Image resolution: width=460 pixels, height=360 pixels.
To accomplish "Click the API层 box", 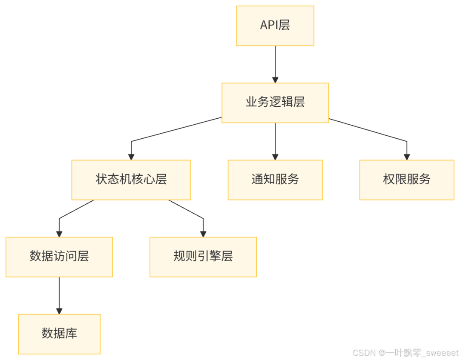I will pyautogui.click(x=275, y=26).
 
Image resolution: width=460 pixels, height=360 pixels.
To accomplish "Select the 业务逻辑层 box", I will pyautogui.click(x=275, y=103).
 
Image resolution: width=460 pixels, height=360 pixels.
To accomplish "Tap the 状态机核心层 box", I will pyautogui.click(x=131, y=180).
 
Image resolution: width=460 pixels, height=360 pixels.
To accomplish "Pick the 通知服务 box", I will pyautogui.click(x=275, y=180).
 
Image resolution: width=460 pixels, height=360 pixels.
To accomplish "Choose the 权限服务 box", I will pyautogui.click(x=407, y=180).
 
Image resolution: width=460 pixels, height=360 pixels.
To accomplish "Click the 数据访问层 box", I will pyautogui.click(x=59, y=257).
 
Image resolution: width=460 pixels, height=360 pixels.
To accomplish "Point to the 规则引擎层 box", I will pyautogui.click(x=203, y=257).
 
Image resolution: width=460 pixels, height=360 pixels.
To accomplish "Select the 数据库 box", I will pyautogui.click(x=59, y=334).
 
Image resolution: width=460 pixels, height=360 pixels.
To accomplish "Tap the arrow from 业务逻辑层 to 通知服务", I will pyautogui.click(x=275, y=140).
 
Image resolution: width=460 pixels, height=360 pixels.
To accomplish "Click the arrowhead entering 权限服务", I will pyautogui.click(x=407, y=156).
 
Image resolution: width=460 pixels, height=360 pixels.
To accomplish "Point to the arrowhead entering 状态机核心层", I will pyautogui.click(x=131, y=156).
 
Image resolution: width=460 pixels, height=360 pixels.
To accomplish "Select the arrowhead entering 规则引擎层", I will pyautogui.click(x=203, y=233).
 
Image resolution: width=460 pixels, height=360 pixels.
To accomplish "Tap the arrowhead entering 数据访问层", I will pyautogui.click(x=59, y=233).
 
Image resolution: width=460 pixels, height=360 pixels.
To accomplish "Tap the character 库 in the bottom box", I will pyautogui.click(x=71, y=334).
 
